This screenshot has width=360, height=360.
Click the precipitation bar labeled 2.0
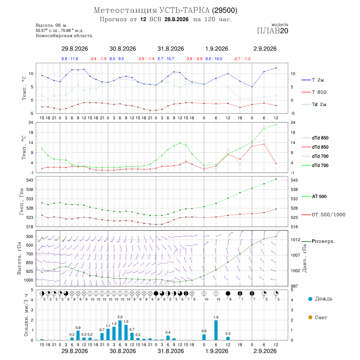click(120, 330)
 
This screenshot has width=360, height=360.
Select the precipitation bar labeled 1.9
click(216, 330)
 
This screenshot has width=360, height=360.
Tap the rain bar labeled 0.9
click(78, 336)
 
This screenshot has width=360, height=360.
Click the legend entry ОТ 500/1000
click(323, 215)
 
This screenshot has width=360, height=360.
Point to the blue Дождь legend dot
click(310, 299)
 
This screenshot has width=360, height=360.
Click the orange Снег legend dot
click(310, 317)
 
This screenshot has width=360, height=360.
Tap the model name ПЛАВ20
click(272, 31)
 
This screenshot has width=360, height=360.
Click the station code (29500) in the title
click(224, 10)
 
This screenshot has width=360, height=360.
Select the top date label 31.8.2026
click(170, 49)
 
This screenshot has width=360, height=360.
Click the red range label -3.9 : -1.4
click(146, 59)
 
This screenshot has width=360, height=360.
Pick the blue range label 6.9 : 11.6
click(70, 59)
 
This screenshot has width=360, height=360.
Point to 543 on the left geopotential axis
click(30, 180)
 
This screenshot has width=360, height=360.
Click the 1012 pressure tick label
click(296, 240)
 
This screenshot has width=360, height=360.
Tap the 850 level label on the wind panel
click(29, 263)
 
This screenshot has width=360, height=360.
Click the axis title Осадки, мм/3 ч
click(26, 315)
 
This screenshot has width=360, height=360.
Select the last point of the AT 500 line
click(276, 179)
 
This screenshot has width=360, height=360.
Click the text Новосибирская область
click(64, 36)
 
